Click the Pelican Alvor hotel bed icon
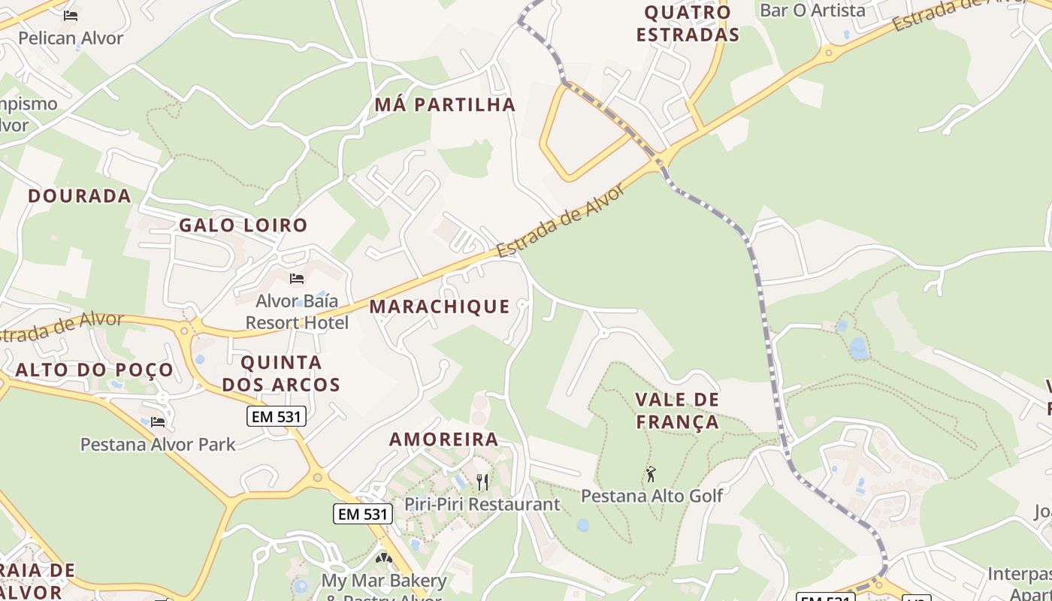coord(71,15)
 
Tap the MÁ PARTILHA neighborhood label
coord(445,104)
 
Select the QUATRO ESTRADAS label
coord(688,23)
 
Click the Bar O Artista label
coord(812,11)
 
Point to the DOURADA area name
coord(80,196)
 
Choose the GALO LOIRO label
coord(243,225)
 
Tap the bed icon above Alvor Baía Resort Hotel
coord(297,279)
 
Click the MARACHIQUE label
coord(440,307)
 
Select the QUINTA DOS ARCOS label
coord(281,373)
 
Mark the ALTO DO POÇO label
coord(94,370)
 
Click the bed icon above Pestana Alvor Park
coord(158,422)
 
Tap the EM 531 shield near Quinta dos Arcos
coord(277,415)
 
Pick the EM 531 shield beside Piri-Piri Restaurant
coord(363,514)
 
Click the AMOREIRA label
coord(443,439)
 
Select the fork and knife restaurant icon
coord(482,482)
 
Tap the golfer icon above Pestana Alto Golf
coord(651,474)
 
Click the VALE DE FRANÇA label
coord(677,411)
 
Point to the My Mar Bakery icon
coord(384,558)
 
